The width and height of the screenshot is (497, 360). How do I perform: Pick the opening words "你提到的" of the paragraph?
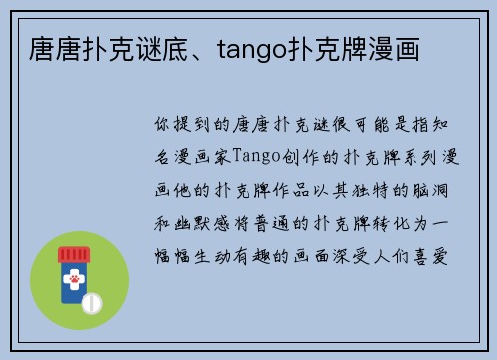pyautogui.click(x=192, y=125)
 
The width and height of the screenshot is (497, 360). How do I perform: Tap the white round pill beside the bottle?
pyautogui.click(x=91, y=301)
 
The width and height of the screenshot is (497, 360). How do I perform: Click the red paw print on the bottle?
pyautogui.click(x=72, y=282)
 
